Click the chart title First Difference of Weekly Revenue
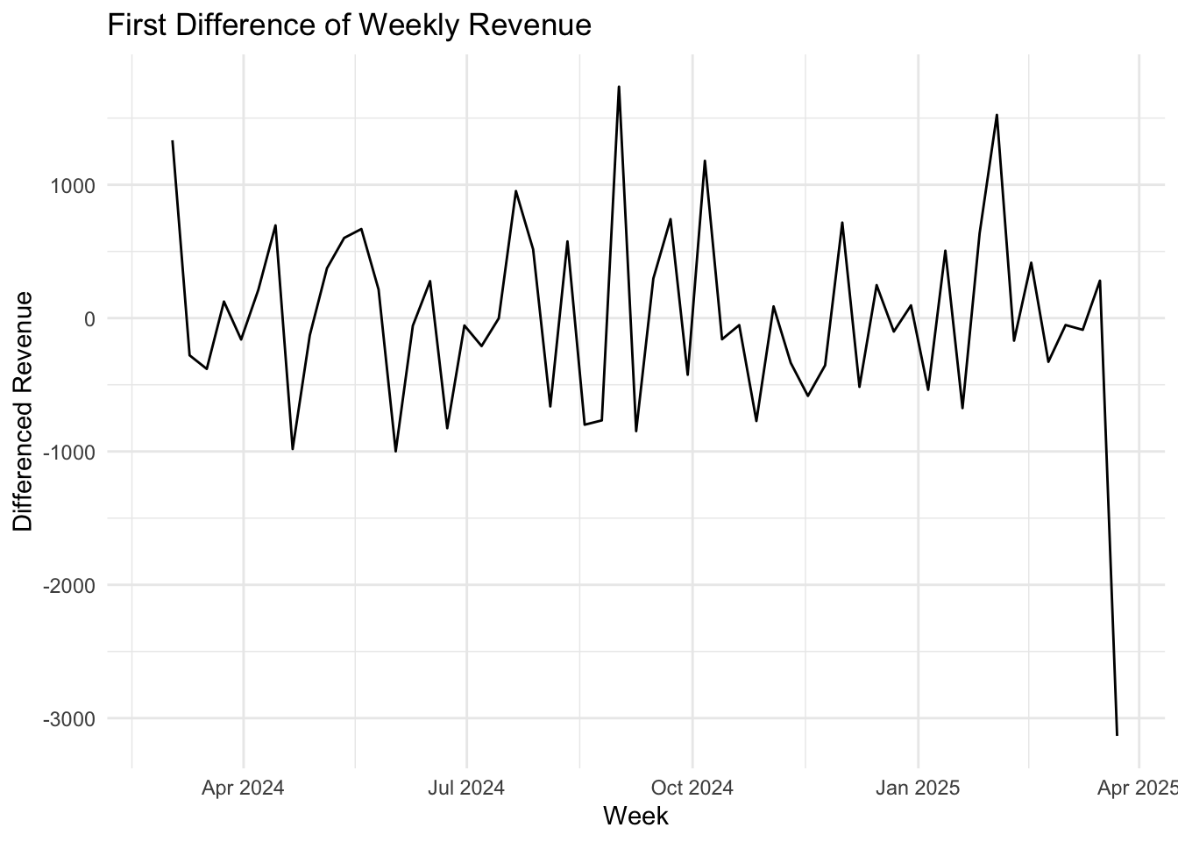(349, 25)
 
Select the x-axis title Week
(635, 816)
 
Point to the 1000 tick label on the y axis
(77, 185)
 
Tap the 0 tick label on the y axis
(89, 318)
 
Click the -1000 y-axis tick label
(74, 452)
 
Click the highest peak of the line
(619, 87)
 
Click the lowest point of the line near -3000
(1117, 734)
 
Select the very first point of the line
(173, 141)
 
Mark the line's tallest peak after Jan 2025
(997, 115)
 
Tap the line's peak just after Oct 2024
(705, 161)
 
